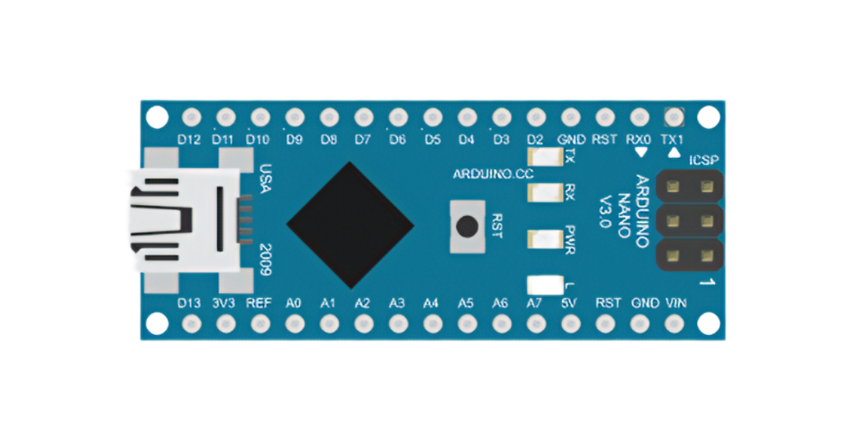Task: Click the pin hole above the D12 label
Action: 191,117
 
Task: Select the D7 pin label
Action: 363,140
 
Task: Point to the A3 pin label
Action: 397,303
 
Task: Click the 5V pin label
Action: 569,303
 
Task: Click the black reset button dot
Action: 466,226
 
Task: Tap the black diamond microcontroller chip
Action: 350,225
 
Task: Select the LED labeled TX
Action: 546,156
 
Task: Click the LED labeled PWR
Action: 546,239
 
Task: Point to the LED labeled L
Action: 546,285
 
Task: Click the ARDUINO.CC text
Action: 493,174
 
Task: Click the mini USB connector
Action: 182,220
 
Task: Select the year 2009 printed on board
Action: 265,259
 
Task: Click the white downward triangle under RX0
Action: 641,152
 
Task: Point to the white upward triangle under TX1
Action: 673,153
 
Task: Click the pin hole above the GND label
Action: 570,117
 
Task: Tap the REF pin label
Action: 258,303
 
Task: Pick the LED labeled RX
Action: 546,192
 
